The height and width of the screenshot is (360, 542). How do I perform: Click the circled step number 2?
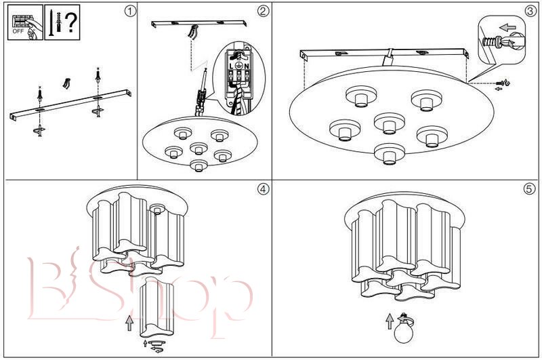(x=264, y=11)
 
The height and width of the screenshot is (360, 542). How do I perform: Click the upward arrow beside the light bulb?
(x=389, y=321)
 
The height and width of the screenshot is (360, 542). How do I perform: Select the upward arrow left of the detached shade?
(x=129, y=321)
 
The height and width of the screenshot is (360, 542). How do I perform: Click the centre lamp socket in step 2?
(x=199, y=148)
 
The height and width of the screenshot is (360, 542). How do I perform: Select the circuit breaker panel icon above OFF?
(x=20, y=19)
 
